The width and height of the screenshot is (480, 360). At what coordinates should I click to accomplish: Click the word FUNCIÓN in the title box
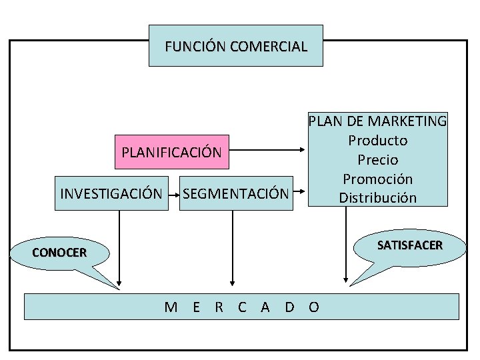(194, 47)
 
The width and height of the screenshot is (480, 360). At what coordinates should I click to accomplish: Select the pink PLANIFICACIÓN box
(171, 152)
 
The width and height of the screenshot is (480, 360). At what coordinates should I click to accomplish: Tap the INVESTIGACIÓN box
(111, 194)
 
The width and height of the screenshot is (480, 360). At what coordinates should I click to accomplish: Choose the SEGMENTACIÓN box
(236, 194)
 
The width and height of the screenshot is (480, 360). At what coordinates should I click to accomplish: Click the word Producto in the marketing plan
(377, 141)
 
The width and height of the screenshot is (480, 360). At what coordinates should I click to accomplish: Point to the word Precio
(377, 160)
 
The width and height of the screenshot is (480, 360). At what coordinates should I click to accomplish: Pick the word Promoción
(377, 179)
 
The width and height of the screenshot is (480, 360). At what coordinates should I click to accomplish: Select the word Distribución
(377, 198)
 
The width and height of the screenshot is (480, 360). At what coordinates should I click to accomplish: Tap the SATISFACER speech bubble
(409, 246)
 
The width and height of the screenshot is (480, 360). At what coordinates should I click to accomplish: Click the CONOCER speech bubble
(59, 253)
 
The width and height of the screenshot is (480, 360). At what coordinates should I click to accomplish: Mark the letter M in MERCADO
(171, 307)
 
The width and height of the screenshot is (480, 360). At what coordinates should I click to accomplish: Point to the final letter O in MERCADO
(314, 307)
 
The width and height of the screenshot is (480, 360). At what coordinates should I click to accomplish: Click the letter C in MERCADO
(242, 307)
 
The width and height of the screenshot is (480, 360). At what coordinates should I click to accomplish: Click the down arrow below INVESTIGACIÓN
(119, 247)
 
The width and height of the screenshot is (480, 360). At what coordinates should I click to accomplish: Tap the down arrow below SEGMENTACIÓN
(233, 247)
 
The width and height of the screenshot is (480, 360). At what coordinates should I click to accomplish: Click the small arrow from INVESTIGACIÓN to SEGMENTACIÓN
(173, 195)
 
